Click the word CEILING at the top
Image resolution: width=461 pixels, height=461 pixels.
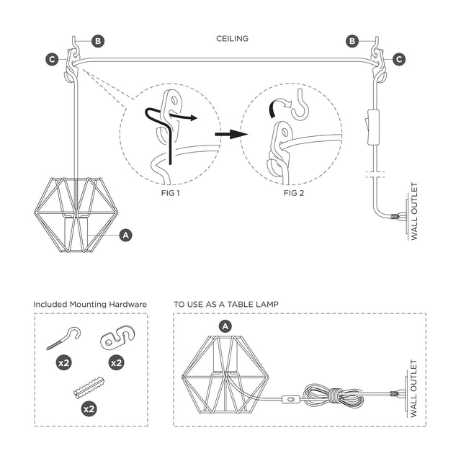pyautogui.click(x=232, y=39)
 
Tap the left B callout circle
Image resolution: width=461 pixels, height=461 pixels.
pyautogui.click(x=97, y=41)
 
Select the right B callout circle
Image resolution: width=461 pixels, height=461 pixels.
pyautogui.click(x=352, y=41)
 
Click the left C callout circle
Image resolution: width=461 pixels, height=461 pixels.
pyautogui.click(x=52, y=60)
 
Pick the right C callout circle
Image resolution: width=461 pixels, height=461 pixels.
pyautogui.click(x=398, y=60)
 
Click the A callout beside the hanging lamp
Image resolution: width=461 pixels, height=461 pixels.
pyautogui.click(x=126, y=235)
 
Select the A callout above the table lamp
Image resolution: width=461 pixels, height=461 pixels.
pyautogui.click(x=225, y=326)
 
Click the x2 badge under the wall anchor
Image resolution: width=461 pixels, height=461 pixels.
pyautogui.click(x=89, y=408)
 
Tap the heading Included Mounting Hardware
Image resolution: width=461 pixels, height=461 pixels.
pyautogui.click(x=90, y=305)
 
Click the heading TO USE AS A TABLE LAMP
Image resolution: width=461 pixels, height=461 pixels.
pyautogui.click(x=225, y=305)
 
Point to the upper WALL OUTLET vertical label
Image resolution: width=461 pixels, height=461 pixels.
pyautogui.click(x=415, y=213)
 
